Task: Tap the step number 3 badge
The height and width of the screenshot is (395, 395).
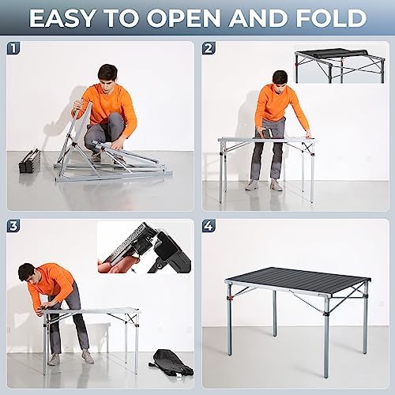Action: [13, 226]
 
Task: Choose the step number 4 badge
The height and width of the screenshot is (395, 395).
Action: [209, 226]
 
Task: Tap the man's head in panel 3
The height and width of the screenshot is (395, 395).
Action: [27, 273]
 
